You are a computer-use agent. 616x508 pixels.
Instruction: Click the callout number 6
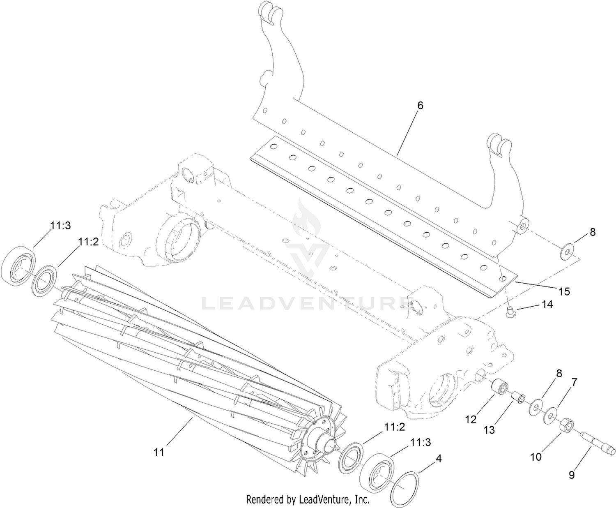420,106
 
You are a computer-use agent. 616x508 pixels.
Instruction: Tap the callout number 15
564,291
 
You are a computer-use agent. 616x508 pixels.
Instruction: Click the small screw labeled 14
510,312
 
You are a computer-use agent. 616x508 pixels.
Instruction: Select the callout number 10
536,457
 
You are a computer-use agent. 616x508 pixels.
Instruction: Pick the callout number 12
471,419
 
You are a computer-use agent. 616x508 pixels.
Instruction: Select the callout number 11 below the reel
159,452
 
